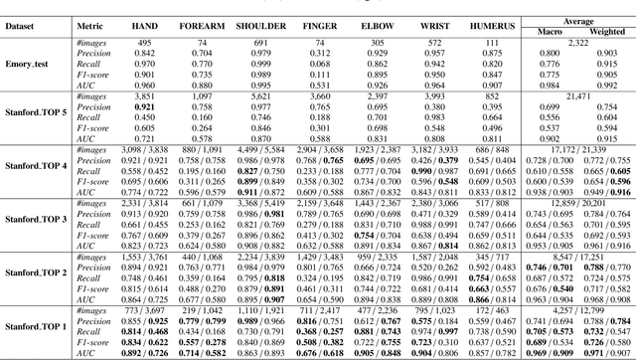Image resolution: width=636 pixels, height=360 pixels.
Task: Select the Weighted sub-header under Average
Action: click(x=605, y=30)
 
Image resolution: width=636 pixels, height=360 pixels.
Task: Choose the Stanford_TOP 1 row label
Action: click(x=34, y=324)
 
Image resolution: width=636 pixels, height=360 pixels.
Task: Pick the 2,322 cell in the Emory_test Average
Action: click(x=579, y=42)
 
